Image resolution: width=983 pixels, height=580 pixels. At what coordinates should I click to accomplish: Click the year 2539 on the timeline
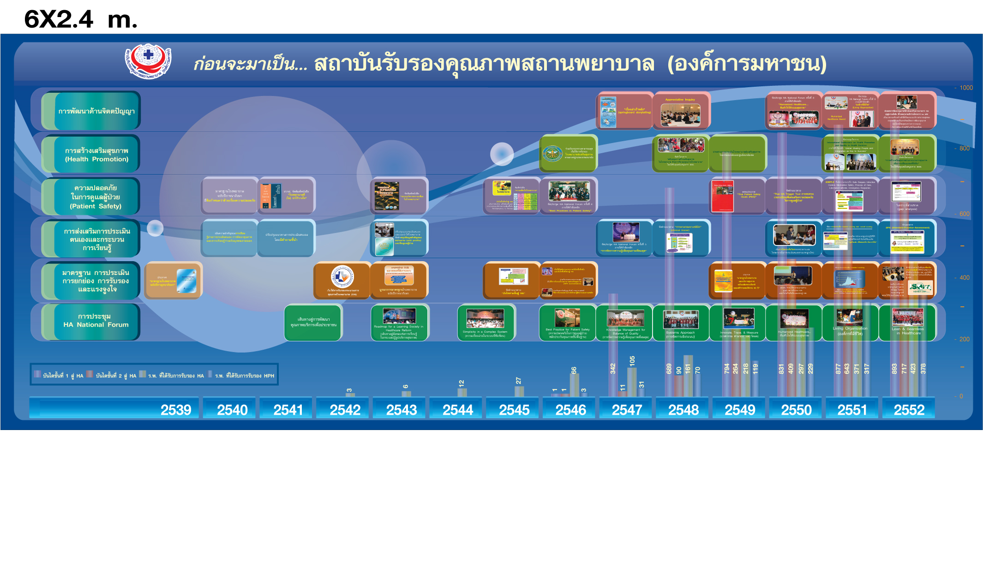[175, 410]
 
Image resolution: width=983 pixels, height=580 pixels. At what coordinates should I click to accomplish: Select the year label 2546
[570, 410]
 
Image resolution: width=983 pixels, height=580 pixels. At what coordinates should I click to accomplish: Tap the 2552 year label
[909, 410]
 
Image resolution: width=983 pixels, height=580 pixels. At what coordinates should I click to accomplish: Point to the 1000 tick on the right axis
[966, 88]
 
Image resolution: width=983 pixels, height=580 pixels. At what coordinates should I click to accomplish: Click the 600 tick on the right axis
[965, 214]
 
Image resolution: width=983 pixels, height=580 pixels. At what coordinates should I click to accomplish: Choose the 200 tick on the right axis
[965, 339]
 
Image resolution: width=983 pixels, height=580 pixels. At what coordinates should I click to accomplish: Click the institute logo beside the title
[149, 61]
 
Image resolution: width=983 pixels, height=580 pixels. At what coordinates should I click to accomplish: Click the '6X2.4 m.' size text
[81, 19]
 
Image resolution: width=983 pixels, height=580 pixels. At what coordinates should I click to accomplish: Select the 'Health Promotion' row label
[96, 155]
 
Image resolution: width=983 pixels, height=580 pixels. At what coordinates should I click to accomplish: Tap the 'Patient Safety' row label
[96, 197]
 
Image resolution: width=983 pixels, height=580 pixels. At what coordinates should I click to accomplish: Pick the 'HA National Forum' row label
[96, 321]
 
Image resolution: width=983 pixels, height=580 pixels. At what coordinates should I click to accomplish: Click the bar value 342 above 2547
[613, 369]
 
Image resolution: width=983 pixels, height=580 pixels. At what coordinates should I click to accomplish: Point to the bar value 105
[632, 361]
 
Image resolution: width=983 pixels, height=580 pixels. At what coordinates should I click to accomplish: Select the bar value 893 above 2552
[894, 369]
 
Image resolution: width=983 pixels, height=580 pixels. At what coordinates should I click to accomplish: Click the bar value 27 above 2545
[519, 381]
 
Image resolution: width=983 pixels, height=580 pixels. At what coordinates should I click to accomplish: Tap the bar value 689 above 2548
[669, 369]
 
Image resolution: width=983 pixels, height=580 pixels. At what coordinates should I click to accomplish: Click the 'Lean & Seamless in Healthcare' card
[907, 323]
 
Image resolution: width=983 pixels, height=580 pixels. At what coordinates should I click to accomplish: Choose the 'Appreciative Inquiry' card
[680, 110]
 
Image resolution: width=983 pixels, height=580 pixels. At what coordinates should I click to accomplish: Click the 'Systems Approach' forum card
[680, 323]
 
